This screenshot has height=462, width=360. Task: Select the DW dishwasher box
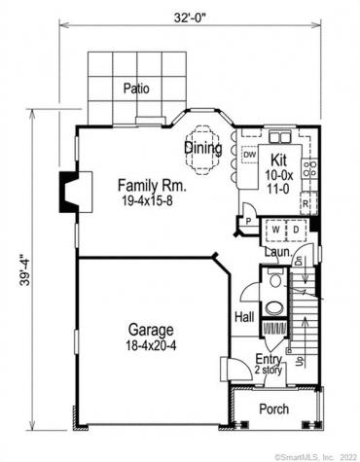[x=249, y=155]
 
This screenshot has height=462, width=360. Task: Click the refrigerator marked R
[x=306, y=205]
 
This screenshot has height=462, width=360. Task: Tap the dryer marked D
[x=296, y=230]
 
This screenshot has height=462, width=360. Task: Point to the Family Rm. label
[x=145, y=185]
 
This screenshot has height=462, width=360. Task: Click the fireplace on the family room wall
[x=67, y=185]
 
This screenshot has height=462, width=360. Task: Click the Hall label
[x=244, y=317]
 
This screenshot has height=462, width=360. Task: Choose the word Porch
[x=273, y=409]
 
